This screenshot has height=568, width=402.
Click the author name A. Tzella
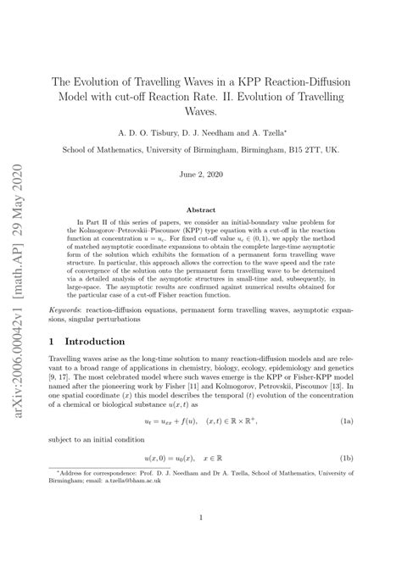point(266,132)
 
